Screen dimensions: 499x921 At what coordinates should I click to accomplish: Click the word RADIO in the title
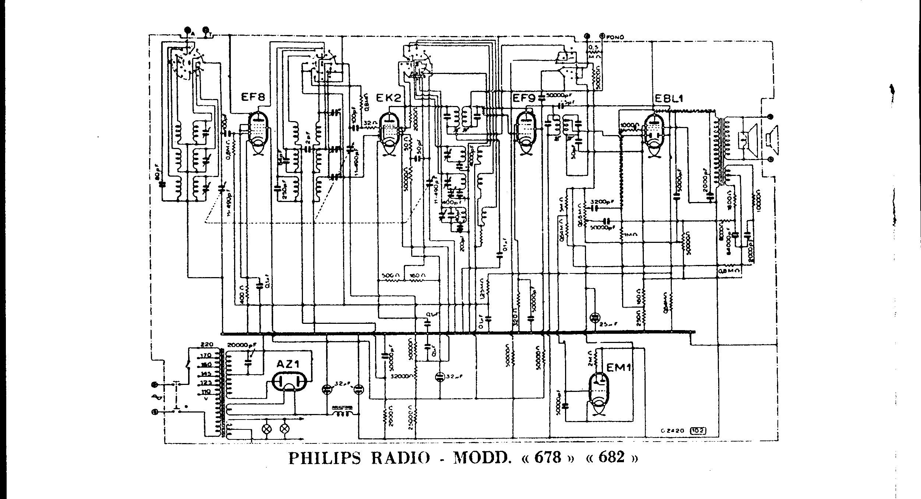400,458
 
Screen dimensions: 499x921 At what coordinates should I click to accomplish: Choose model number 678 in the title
548,457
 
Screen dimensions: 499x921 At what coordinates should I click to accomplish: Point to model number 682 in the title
612,457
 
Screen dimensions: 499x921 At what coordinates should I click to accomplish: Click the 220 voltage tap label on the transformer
207,345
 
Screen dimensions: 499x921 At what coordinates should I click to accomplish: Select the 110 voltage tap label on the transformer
206,392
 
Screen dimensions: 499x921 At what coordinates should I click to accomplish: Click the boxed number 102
700,430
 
